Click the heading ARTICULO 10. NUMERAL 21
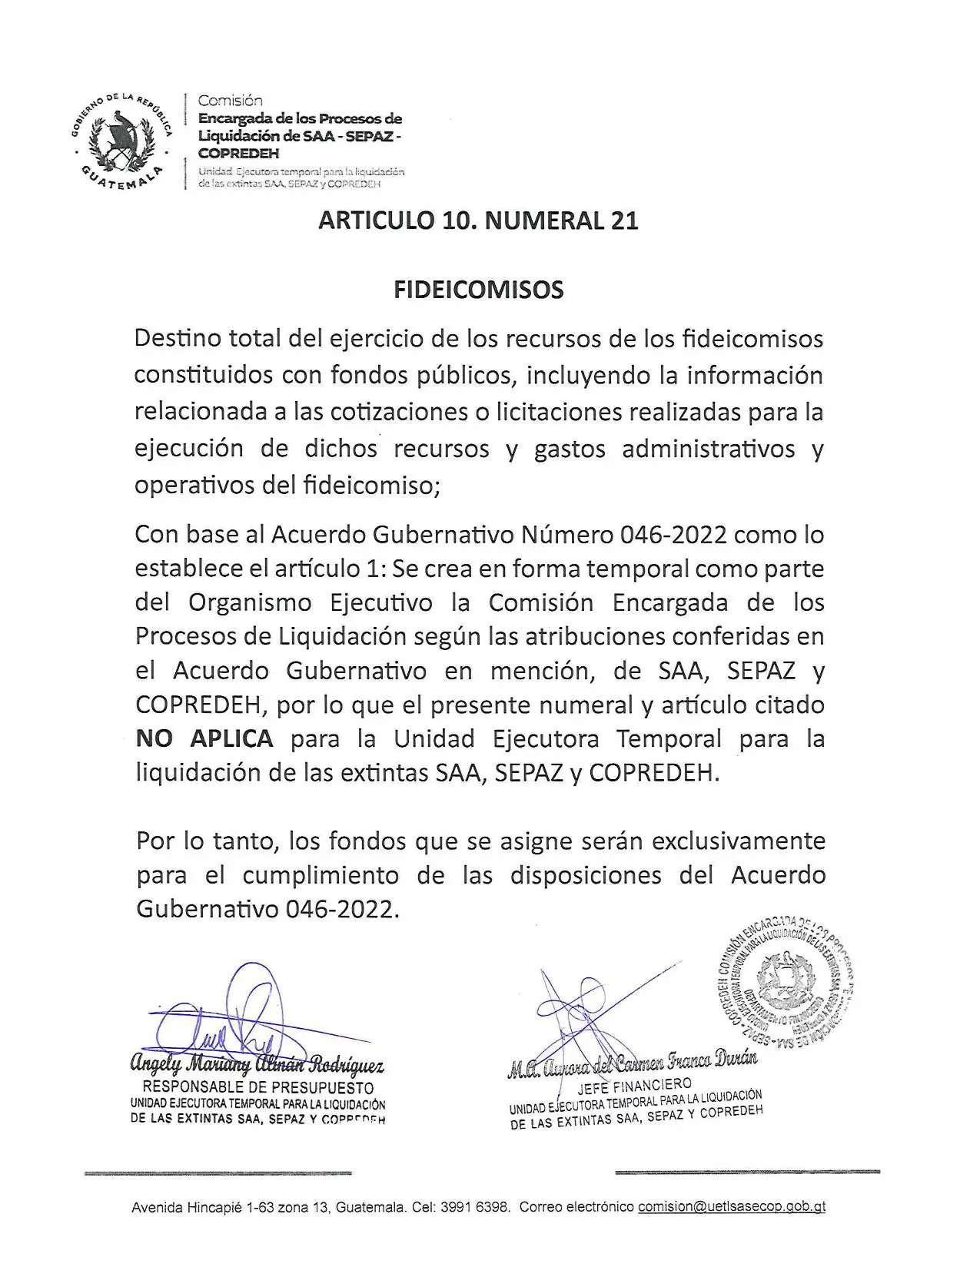click(x=478, y=221)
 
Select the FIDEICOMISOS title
click(x=478, y=290)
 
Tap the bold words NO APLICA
click(x=204, y=738)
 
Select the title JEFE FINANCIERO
click(x=633, y=1085)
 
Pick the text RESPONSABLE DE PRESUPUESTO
click(x=258, y=1087)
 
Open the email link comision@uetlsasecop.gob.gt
click(x=732, y=1206)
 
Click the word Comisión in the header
click(x=231, y=101)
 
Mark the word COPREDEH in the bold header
click(x=239, y=153)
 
